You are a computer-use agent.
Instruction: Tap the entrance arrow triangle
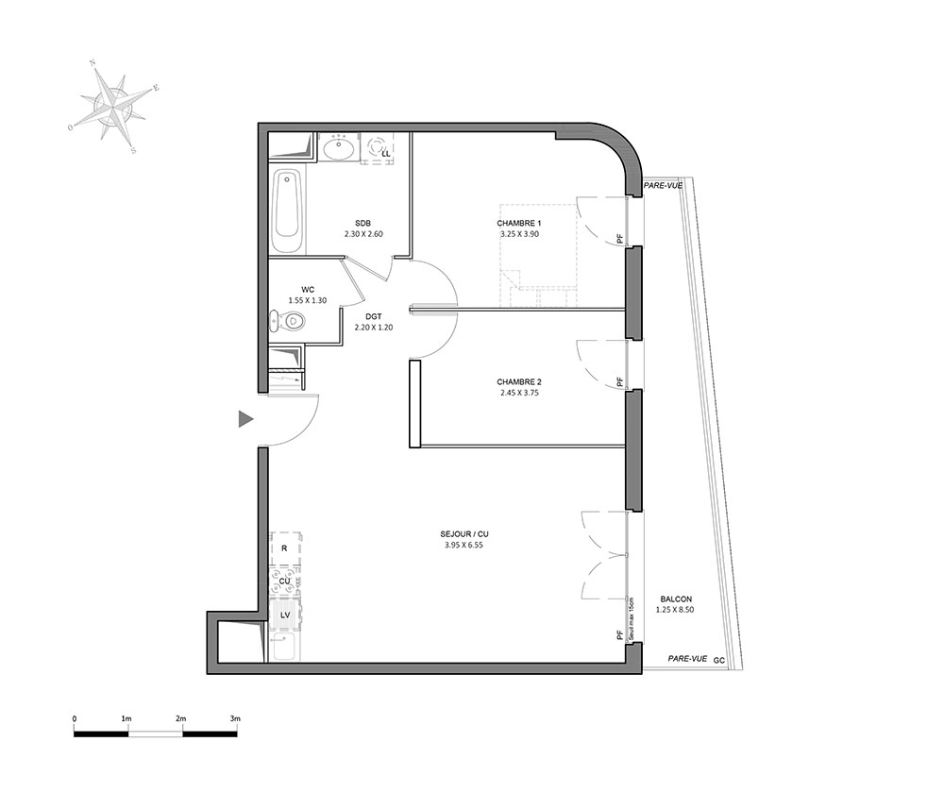click(x=245, y=419)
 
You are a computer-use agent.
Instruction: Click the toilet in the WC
click(x=288, y=322)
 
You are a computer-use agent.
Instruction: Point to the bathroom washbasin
click(x=338, y=148)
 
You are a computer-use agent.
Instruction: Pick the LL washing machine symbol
click(x=379, y=148)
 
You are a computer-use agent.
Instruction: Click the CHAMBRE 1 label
click(x=519, y=224)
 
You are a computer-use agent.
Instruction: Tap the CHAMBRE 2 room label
click(x=519, y=381)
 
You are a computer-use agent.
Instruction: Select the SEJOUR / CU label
click(x=464, y=534)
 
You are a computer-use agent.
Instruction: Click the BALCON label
click(x=676, y=599)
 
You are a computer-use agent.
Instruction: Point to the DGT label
click(x=374, y=316)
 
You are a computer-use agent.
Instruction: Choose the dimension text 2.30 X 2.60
click(x=363, y=234)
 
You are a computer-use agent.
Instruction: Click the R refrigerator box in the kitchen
click(x=285, y=548)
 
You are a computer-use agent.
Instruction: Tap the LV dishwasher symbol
click(x=285, y=615)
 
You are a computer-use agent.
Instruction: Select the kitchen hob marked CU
click(x=285, y=581)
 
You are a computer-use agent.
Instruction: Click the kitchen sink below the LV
click(x=285, y=647)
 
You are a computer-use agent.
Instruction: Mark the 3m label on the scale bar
click(x=235, y=718)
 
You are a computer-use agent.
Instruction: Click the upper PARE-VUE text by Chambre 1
click(x=663, y=185)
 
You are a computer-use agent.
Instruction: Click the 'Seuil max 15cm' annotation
click(x=631, y=618)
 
